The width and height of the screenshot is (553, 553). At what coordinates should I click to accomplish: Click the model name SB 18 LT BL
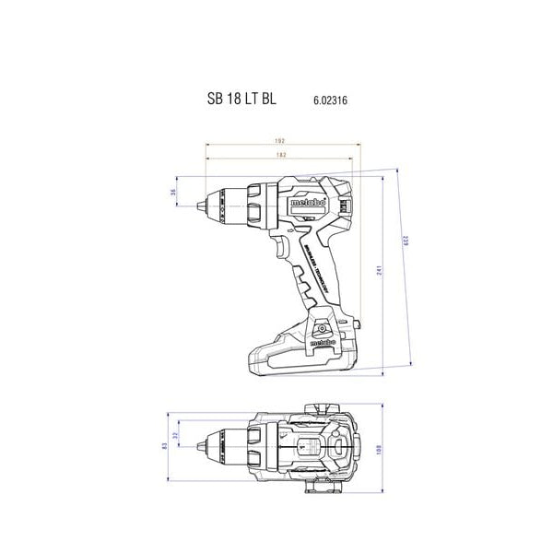[238, 97]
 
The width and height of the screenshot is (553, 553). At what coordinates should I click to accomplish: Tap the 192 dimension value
[279, 141]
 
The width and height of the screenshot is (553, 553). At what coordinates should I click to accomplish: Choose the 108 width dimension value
[379, 450]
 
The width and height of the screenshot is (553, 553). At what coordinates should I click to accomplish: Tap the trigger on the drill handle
[277, 246]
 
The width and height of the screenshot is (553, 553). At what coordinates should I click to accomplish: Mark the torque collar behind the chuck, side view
[260, 201]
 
